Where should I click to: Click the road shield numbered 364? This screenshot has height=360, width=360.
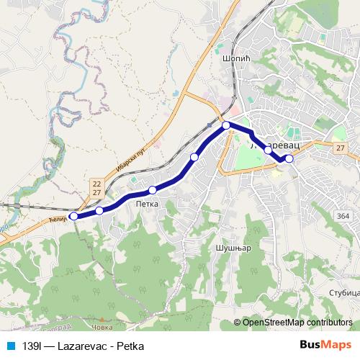pyautogui.click(x=343, y=215)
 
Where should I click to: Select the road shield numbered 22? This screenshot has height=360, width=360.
pyautogui.click(x=96, y=184)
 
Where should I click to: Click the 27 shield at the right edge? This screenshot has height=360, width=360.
pyautogui.click(x=340, y=147)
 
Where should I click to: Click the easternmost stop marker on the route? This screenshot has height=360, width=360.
pyautogui.click(x=289, y=158)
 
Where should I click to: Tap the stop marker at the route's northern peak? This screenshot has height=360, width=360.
pyautogui.click(x=226, y=125)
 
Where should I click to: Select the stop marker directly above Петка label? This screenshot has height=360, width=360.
pyautogui.click(x=153, y=190)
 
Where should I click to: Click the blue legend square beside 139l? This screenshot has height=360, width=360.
pyautogui.click(x=9, y=344)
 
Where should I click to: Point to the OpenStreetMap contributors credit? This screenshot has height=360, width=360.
pyautogui.click(x=297, y=322)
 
